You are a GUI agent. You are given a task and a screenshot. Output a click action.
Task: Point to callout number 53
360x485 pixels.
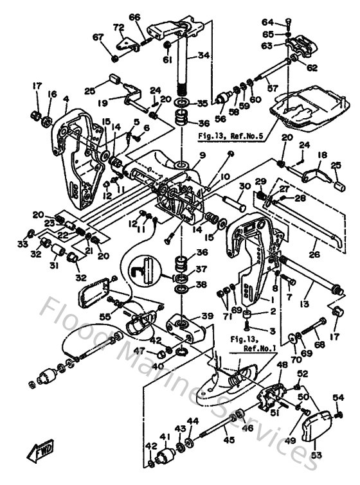coord(316,455)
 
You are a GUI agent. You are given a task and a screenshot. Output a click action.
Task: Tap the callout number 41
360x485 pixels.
coord(165,437)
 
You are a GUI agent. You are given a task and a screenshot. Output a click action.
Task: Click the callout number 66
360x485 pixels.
coord(134,17)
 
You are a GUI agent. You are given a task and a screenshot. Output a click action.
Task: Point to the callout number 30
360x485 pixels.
coord(244,186)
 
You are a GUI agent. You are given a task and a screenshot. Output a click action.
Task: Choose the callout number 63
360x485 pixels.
coord(284,46)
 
